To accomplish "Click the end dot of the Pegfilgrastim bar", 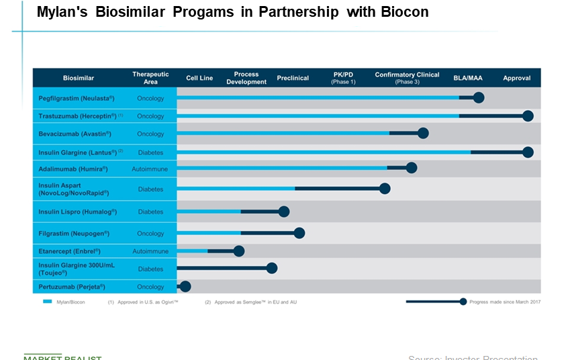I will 479,98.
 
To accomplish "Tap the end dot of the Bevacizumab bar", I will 423,133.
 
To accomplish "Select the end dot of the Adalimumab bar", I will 412,168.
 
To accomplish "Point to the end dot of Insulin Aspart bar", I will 385,189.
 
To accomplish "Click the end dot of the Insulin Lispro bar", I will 284,212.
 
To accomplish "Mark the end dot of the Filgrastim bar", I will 299,233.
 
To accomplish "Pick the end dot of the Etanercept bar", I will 239,251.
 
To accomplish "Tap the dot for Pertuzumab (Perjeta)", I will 185,286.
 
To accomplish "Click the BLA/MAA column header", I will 467,78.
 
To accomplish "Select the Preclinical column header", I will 293,78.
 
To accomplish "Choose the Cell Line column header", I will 199,78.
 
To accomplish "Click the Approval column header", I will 517,78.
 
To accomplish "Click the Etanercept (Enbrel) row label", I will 69,251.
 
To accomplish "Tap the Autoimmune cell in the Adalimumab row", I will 150,169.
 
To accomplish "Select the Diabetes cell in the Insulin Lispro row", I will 150,212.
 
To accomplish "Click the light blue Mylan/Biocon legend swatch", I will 48,302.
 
